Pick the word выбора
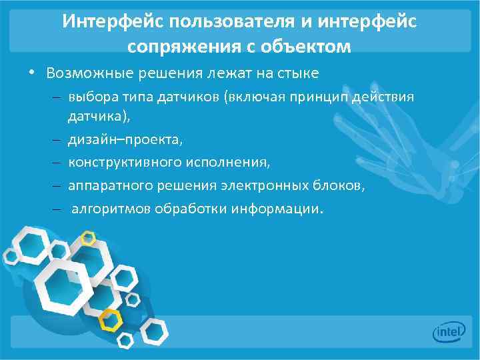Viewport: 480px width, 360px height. point(88,97)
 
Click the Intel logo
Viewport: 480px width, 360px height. point(448,331)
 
